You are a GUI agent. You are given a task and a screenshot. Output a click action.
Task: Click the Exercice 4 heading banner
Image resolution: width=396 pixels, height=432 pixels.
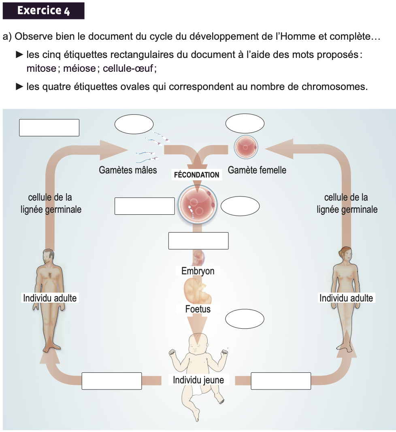[x=43, y=11]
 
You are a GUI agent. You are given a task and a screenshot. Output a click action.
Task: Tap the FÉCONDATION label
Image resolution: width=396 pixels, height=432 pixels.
[x=196, y=175]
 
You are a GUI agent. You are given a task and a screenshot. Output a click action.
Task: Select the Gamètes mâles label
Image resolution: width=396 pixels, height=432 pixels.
[x=128, y=170]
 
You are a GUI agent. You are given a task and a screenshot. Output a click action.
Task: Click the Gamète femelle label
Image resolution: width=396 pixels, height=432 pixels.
[x=257, y=170]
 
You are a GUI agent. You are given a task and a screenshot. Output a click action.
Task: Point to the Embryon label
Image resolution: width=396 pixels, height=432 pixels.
[x=198, y=271]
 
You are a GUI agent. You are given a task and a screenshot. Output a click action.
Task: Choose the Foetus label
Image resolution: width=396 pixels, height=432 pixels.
[x=198, y=309]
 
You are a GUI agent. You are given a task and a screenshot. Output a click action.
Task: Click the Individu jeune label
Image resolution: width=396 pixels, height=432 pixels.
[x=198, y=380]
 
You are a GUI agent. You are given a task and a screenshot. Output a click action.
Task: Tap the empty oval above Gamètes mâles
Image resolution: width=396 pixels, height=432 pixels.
[x=134, y=125]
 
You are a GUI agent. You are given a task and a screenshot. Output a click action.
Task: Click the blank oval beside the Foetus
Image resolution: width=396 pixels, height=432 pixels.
[x=244, y=319]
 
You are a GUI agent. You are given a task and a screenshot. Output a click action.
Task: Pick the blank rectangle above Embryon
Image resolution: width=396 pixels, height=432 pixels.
[x=198, y=241]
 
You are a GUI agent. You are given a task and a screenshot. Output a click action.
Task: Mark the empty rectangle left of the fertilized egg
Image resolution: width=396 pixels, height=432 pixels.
[x=145, y=206]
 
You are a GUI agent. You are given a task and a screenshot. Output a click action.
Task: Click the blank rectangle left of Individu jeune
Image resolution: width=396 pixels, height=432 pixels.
[x=112, y=381]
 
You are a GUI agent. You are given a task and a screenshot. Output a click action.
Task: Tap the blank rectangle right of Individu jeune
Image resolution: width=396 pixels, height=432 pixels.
[x=281, y=381]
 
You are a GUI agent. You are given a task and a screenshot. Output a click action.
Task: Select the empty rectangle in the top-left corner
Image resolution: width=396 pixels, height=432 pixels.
[x=49, y=128]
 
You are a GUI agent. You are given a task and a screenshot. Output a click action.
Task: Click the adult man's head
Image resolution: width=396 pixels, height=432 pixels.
[x=49, y=256]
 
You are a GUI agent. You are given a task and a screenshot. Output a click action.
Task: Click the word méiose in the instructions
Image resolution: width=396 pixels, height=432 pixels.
[x=79, y=68]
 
